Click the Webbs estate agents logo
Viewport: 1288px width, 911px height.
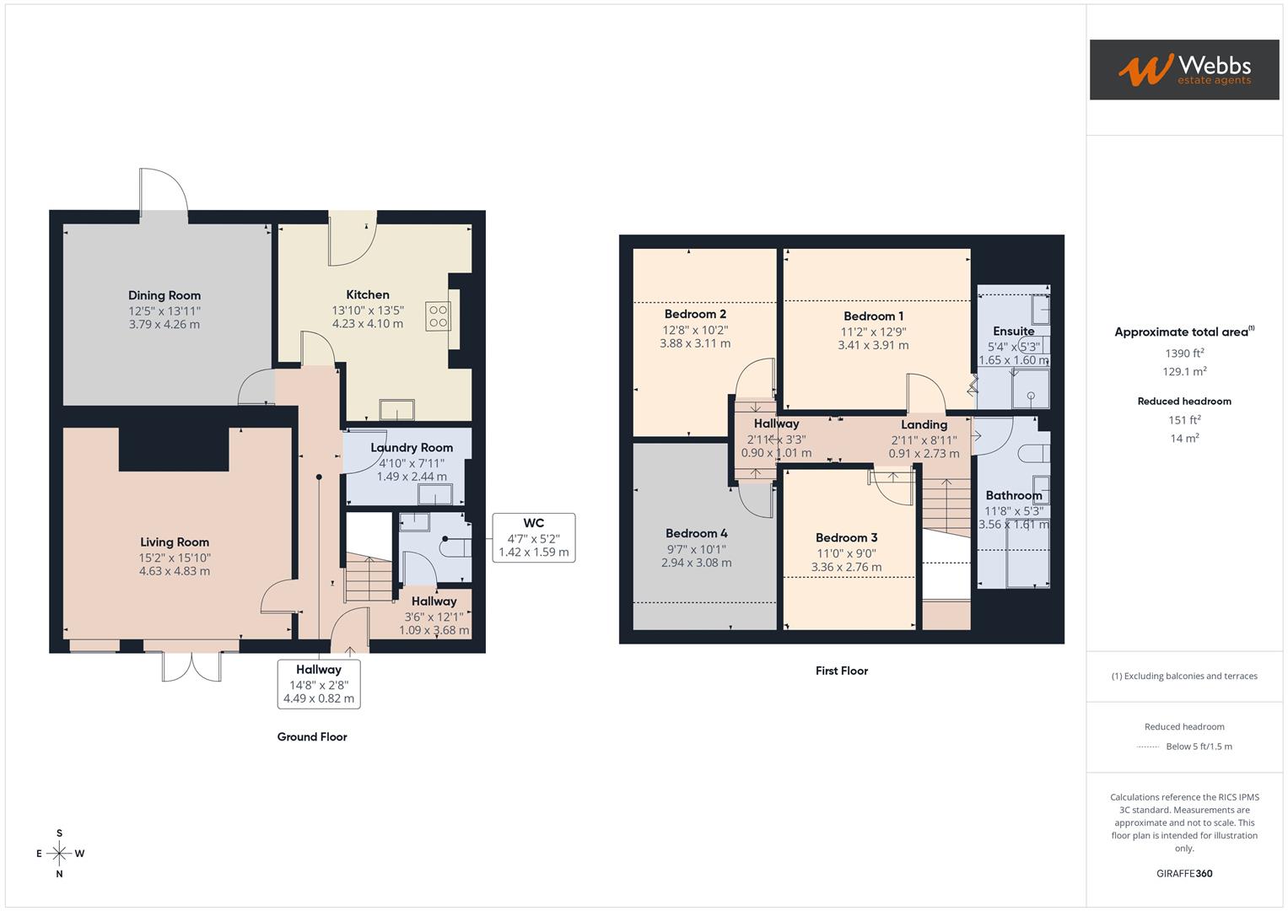coord(1183,70)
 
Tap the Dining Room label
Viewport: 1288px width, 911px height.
coord(164,295)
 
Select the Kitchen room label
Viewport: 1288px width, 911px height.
coord(368,294)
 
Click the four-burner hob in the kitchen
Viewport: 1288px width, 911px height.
coord(438,315)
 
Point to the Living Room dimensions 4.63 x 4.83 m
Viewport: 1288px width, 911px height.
coord(175,571)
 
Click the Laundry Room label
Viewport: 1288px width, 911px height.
coord(412,447)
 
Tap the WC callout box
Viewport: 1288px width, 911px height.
coord(533,537)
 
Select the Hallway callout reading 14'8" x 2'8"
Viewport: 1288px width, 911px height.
coord(318,684)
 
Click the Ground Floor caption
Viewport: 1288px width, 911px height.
coord(312,736)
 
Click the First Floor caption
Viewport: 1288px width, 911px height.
coord(841,671)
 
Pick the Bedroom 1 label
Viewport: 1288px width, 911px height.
coord(873,316)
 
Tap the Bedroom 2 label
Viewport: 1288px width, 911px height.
coord(695,314)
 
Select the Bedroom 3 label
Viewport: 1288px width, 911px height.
coord(846,537)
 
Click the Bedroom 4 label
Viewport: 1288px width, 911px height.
coord(696,533)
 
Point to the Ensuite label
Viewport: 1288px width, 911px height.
coord(1013,331)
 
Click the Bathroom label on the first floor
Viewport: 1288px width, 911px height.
coord(1013,495)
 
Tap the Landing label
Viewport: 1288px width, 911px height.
coord(924,424)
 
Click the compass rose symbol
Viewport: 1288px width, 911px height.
coord(59,854)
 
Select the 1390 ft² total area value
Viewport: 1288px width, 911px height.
coord(1184,353)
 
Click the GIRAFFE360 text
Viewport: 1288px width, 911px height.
coord(1184,873)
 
